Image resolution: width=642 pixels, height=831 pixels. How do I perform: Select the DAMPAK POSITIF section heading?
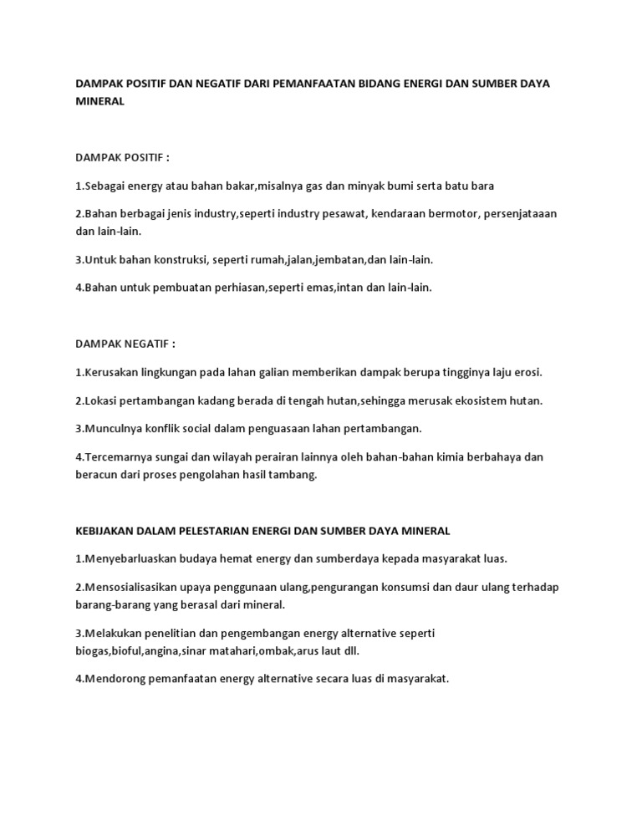pyautogui.click(x=123, y=157)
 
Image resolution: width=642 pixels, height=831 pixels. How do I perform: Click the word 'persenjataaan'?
pyautogui.click(x=522, y=213)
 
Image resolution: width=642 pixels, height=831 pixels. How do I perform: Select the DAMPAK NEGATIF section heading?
pyautogui.click(x=125, y=344)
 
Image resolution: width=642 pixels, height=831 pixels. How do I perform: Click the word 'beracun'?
pyautogui.click(x=96, y=474)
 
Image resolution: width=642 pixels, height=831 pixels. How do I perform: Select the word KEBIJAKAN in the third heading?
pyautogui.click(x=105, y=530)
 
